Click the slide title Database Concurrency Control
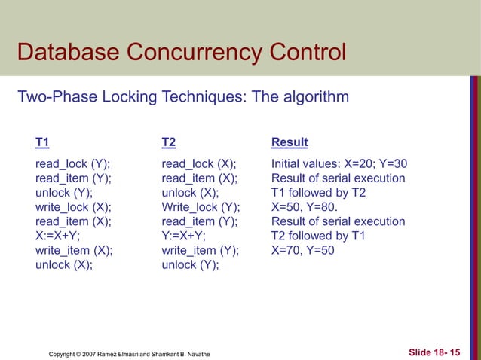(x=181, y=53)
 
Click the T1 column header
(x=42, y=142)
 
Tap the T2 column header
(x=169, y=142)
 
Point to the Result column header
(x=290, y=142)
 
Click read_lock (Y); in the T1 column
(x=72, y=164)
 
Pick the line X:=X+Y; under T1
(x=58, y=236)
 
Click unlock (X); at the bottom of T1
(x=64, y=264)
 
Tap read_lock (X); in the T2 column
(x=199, y=164)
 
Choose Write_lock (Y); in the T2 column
(x=201, y=207)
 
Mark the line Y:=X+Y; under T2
(x=185, y=236)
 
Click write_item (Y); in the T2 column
(x=200, y=250)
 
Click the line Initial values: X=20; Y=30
(x=339, y=164)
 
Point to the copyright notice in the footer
(x=129, y=353)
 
